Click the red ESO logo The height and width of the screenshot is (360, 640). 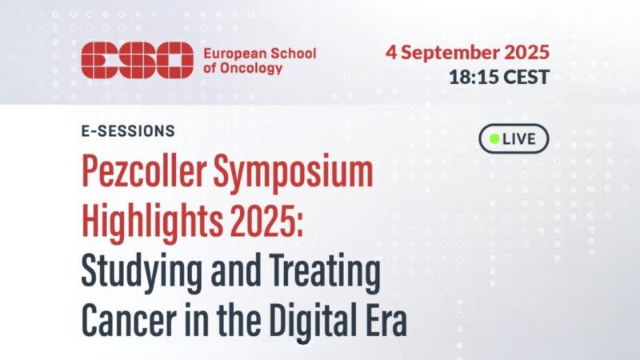(137, 60)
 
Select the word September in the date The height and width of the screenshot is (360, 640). (455, 54)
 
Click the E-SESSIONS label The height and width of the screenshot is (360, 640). (128, 130)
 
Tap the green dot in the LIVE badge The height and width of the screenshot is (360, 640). (494, 138)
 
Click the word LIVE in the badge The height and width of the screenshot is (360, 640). (520, 138)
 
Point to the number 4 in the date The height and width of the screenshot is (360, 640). (392, 54)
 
